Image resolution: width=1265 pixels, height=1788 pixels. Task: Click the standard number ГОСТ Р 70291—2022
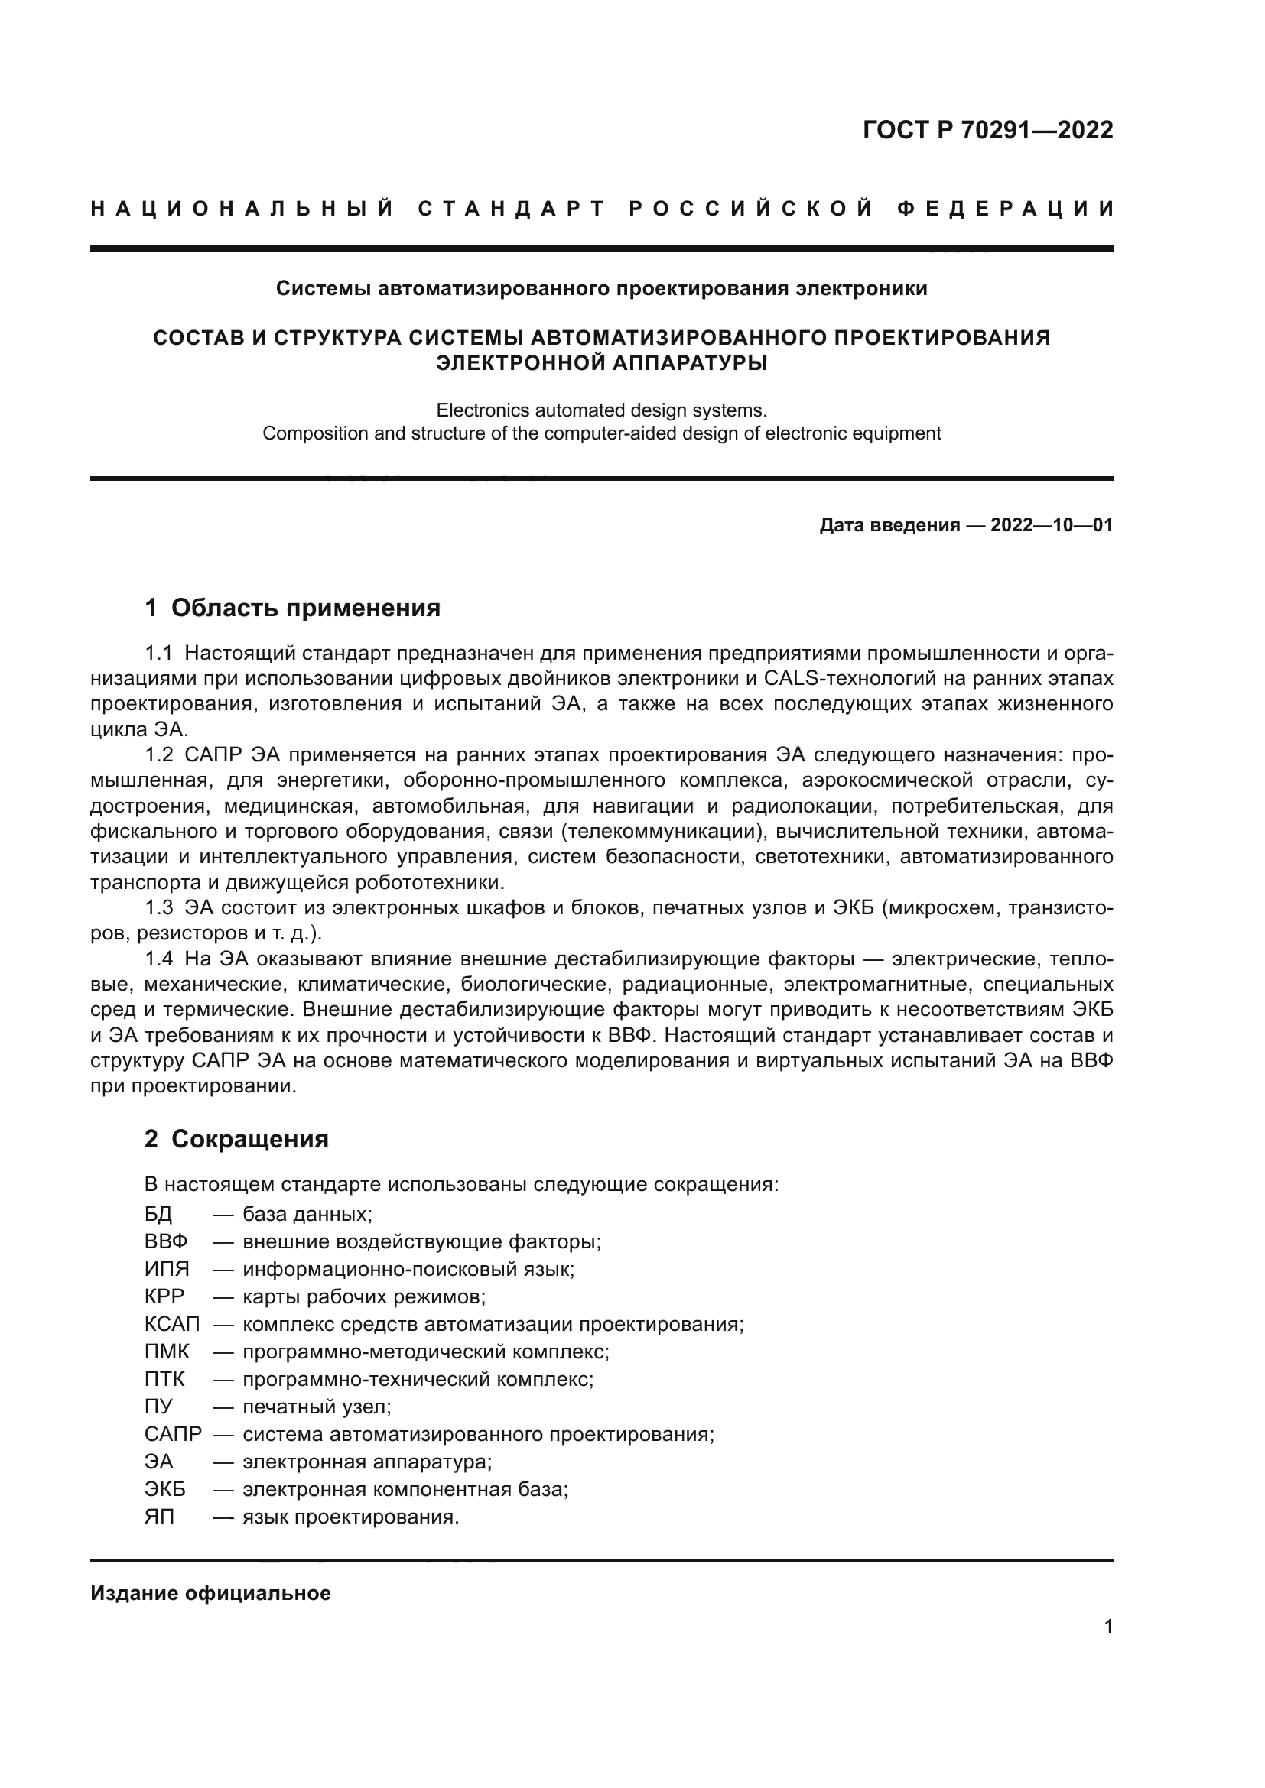point(987,130)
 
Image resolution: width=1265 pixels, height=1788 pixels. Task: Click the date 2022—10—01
point(1051,526)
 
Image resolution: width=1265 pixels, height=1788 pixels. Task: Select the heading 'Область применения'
point(305,608)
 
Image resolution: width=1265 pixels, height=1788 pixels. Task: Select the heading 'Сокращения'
point(249,1139)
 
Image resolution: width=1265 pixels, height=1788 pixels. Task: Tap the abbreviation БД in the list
point(158,1214)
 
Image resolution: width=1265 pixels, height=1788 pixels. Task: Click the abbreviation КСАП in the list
point(172,1324)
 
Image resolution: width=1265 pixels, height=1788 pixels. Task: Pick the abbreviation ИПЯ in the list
point(167,1270)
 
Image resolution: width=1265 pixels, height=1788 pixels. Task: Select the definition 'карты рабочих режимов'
point(363,1296)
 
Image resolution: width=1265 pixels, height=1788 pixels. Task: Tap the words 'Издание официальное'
point(210,1593)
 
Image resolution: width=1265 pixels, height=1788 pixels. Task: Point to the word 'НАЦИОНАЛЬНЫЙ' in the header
point(242,209)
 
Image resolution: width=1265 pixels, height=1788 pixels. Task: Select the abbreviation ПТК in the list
point(164,1379)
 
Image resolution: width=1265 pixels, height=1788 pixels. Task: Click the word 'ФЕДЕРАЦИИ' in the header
point(1006,209)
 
